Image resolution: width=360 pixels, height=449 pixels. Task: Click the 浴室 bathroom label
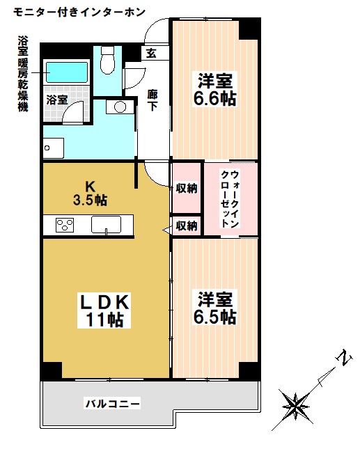[x=57, y=100]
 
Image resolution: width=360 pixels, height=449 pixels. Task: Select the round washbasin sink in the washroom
[x=120, y=107]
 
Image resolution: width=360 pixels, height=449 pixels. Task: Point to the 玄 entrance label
[x=151, y=53]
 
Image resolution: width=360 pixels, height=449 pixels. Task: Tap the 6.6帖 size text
[x=214, y=99]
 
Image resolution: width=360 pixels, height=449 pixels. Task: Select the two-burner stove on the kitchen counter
[x=65, y=225]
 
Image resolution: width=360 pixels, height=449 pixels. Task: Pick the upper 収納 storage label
[x=186, y=187]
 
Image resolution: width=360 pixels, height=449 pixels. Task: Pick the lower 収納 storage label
[x=186, y=225]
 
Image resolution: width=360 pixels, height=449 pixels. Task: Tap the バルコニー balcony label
[x=113, y=403]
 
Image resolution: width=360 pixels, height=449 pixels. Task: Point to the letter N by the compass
[x=342, y=361]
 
